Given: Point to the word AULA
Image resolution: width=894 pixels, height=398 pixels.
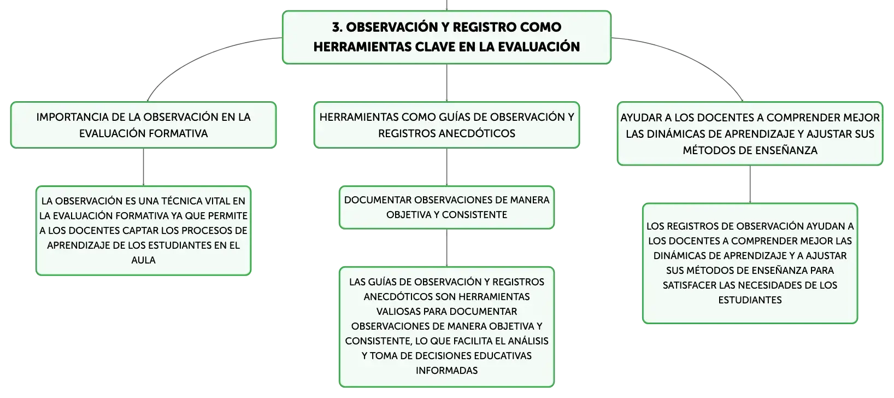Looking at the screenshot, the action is (x=143, y=260).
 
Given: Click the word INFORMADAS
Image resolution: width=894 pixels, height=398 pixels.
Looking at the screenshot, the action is (x=446, y=371).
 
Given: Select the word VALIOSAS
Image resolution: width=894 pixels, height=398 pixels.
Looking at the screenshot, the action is (x=398, y=312).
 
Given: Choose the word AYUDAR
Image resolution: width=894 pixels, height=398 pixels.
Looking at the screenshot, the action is (x=641, y=118).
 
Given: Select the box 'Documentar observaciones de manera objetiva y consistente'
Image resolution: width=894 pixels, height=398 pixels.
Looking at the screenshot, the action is (x=446, y=207).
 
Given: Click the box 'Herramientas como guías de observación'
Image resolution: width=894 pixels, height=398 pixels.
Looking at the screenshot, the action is (x=446, y=125).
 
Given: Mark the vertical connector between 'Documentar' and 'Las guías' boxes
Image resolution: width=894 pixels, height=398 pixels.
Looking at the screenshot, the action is (x=446, y=248).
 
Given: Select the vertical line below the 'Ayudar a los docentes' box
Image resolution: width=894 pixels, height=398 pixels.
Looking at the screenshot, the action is (x=750, y=184).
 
